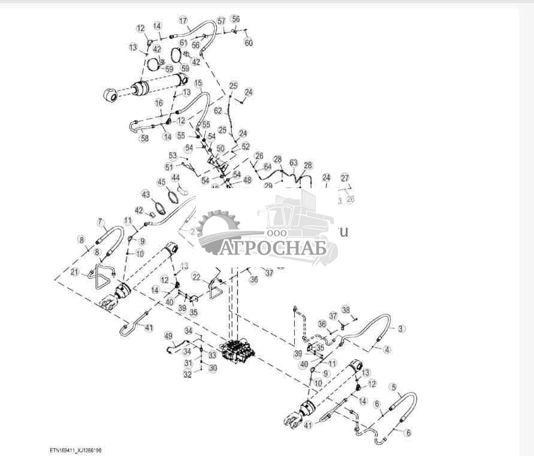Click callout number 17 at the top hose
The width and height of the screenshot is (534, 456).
[183, 20]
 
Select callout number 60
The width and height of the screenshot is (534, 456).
[249, 43]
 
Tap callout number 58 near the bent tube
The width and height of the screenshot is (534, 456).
[144, 138]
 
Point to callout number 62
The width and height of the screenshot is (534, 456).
[218, 111]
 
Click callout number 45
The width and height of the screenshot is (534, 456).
[161, 182]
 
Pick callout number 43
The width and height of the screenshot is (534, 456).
[146, 194]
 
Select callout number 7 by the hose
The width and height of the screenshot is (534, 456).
[100, 223]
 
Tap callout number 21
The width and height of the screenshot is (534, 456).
[75, 272]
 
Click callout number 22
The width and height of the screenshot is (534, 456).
[196, 276]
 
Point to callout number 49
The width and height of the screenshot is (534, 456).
[168, 336]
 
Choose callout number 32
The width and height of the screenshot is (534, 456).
[188, 375]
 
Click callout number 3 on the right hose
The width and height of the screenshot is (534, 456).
[402, 328]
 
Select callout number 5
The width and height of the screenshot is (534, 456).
[394, 387]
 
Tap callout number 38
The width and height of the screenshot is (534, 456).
[345, 310]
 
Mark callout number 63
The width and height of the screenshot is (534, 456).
[294, 162]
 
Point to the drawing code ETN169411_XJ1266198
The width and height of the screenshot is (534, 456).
[80, 449]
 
